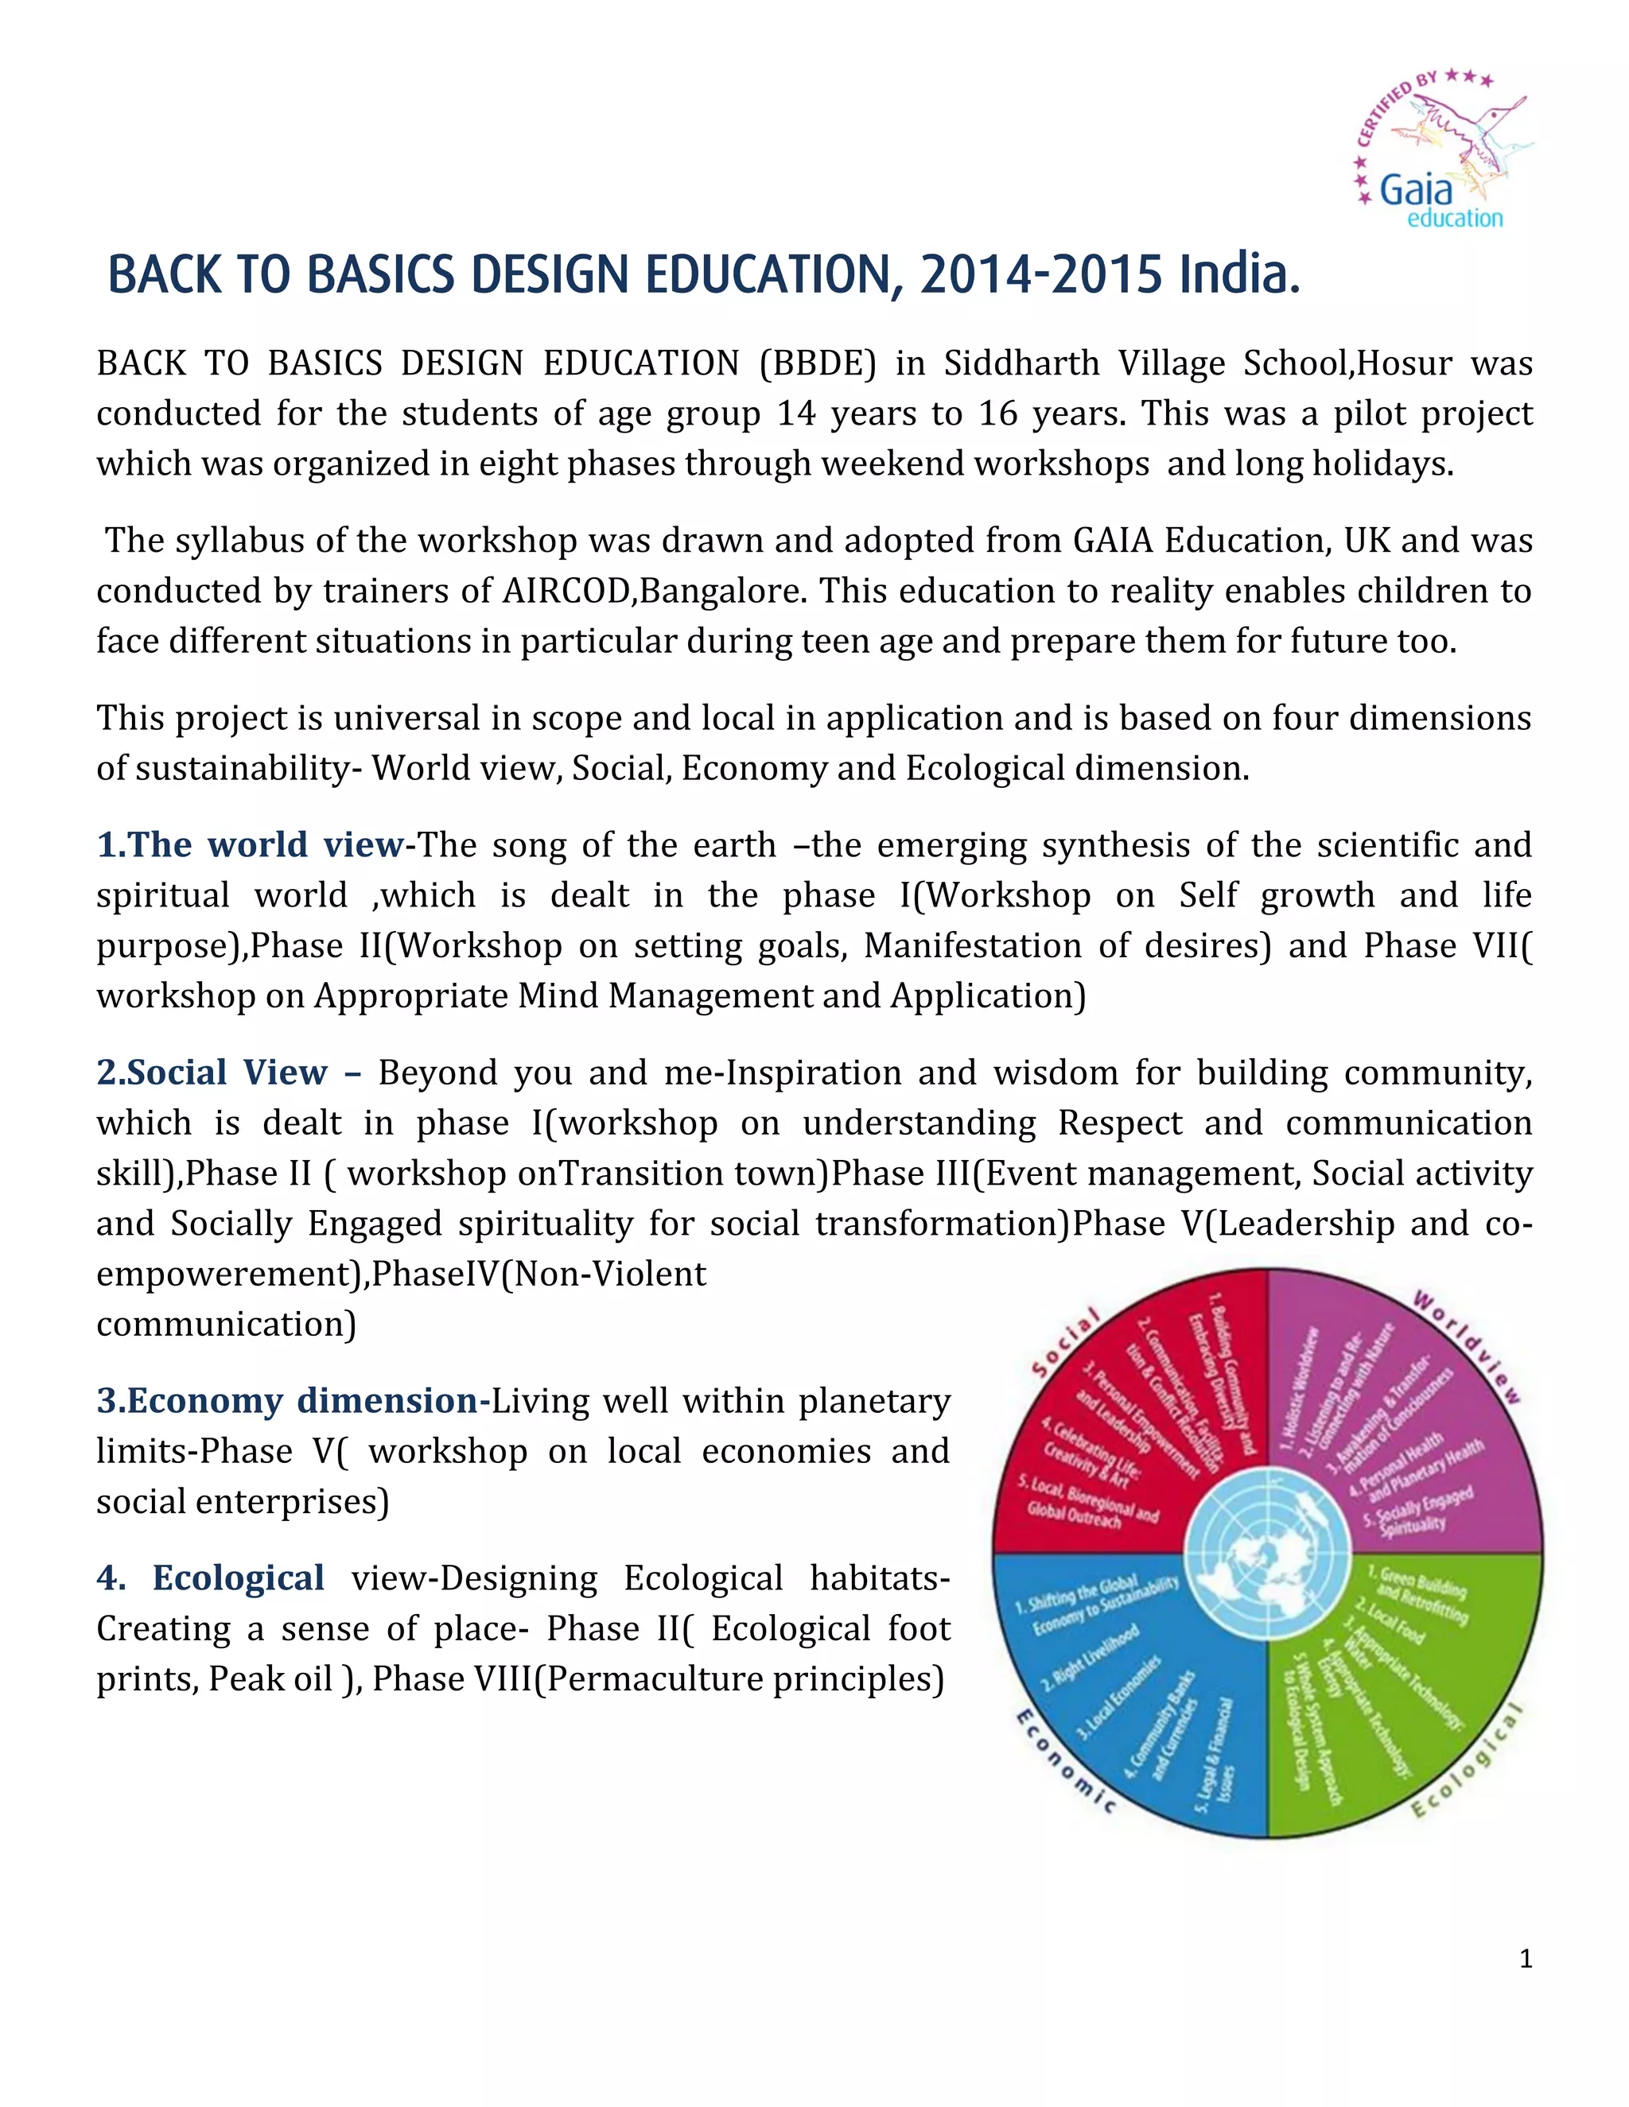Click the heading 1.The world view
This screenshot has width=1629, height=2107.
tap(250, 845)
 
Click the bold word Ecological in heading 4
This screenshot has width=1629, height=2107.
tap(239, 1578)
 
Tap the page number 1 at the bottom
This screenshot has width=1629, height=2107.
tap(1526, 1958)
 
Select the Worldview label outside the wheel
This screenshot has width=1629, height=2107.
tap(1468, 1345)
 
